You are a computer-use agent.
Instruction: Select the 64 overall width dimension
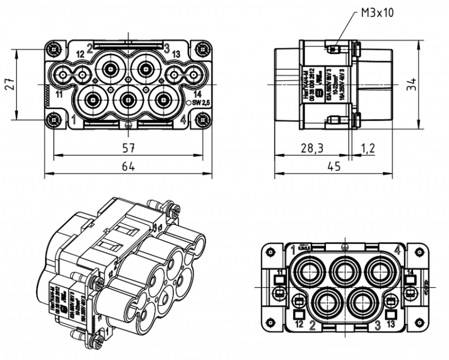[129, 166]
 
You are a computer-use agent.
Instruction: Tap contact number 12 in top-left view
[80, 54]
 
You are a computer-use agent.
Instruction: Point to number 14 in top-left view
[197, 94]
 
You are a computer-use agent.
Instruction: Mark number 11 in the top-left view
[59, 94]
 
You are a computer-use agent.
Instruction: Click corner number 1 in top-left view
[74, 119]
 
